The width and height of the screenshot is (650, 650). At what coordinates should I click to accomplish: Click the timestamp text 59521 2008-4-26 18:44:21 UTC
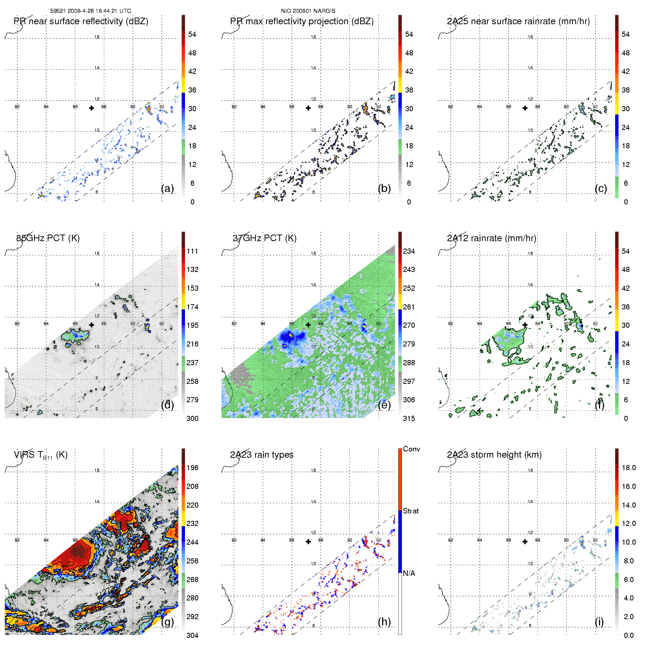tap(91, 11)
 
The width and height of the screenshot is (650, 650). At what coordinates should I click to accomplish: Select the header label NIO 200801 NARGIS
tap(308, 11)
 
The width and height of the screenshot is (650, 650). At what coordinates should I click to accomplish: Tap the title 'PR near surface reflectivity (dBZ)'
tap(81, 21)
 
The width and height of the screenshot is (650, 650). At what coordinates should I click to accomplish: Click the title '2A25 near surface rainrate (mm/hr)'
tap(518, 21)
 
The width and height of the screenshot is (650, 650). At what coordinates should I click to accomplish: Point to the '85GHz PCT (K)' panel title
tap(48, 238)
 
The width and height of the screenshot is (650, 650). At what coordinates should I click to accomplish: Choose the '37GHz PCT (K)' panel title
tap(264, 238)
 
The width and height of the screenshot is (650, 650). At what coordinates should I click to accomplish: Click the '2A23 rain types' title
tap(262, 455)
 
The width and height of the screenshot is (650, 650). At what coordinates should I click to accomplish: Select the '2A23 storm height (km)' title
tap(494, 455)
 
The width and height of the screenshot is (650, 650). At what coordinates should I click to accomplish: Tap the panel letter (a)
tap(167, 188)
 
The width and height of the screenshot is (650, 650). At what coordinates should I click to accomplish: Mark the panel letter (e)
tap(384, 405)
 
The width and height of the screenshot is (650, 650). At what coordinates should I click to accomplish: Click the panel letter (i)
tap(599, 621)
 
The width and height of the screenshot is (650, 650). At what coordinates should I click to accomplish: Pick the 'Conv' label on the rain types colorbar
tap(411, 449)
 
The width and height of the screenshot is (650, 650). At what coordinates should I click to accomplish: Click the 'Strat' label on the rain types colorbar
tap(411, 511)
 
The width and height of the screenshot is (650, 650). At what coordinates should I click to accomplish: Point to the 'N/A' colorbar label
tap(409, 573)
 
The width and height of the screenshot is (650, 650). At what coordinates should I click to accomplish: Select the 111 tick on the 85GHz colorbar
tap(192, 251)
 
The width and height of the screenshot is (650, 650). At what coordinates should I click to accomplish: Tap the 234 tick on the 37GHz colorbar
tap(409, 251)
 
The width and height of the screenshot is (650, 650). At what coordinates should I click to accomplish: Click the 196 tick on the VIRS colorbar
tap(192, 468)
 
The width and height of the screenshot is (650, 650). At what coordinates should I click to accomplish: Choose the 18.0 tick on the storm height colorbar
tap(628, 468)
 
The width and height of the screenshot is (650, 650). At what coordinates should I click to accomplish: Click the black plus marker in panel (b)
tap(308, 108)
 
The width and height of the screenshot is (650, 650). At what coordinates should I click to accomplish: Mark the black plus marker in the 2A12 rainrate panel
tap(525, 325)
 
